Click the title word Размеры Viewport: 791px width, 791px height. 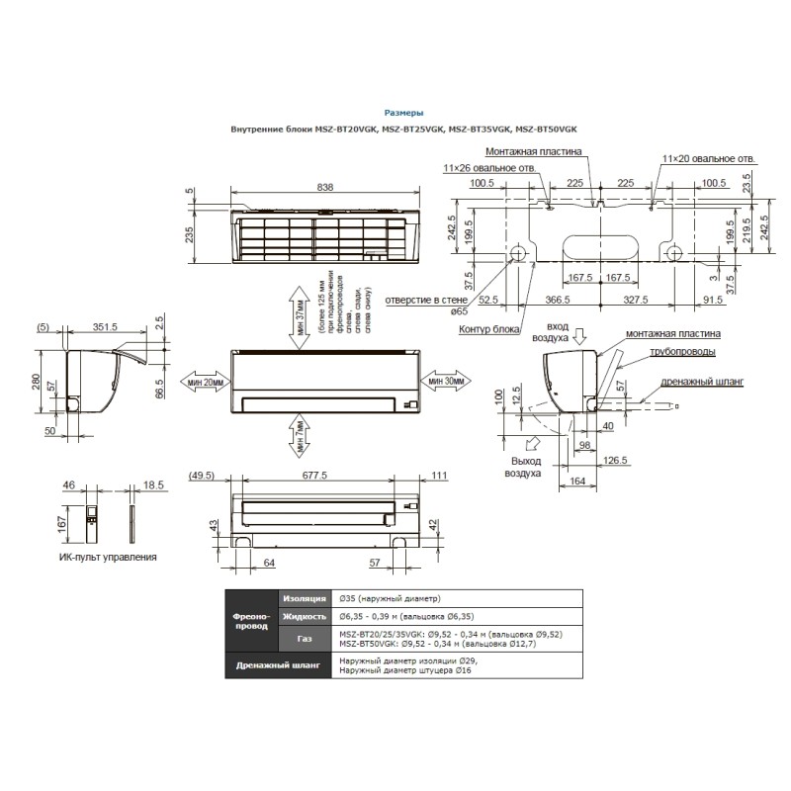(403, 114)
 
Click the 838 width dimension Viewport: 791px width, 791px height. (325, 187)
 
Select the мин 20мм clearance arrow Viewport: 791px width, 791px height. (203, 382)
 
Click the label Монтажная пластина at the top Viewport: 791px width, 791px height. (534, 152)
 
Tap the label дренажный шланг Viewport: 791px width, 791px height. (705, 380)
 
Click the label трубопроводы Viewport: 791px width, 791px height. (683, 352)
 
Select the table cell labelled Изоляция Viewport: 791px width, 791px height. (304, 598)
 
